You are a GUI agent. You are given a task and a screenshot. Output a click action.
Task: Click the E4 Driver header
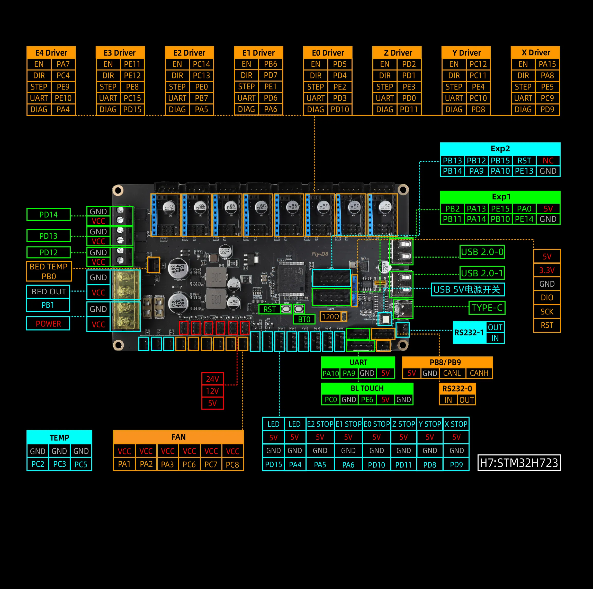coord(51,53)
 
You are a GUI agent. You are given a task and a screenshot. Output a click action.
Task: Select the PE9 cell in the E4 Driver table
coord(63,87)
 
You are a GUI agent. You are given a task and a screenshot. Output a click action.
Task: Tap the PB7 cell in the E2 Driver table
coord(201,98)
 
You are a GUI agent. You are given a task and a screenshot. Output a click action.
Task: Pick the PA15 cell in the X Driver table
coord(547,64)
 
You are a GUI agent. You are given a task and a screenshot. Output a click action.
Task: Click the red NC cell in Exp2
coord(548,161)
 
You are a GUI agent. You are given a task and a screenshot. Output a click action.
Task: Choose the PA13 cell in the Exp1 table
coord(476,209)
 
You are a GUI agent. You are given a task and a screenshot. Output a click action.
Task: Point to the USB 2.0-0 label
coord(482,252)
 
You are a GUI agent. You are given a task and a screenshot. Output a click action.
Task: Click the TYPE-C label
coord(487,308)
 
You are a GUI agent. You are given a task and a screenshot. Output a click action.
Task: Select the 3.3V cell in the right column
coord(547,270)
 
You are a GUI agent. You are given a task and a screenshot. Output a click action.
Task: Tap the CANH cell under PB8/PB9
coord(479,373)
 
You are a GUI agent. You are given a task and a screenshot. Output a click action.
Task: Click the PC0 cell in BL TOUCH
coord(330,400)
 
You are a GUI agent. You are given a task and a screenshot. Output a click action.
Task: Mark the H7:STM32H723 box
coord(519,463)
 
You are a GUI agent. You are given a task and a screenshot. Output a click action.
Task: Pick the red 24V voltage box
coord(212,379)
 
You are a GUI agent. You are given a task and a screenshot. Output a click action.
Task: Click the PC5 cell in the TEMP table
coord(81,464)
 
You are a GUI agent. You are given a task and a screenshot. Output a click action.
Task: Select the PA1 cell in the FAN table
coord(124,464)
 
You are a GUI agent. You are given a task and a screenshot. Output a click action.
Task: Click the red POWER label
coord(48,324)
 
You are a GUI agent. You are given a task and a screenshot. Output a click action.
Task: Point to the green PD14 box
coord(49,215)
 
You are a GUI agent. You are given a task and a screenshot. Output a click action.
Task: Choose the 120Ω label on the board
coord(330,317)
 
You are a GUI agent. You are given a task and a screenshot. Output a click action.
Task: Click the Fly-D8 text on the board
coord(320,254)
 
